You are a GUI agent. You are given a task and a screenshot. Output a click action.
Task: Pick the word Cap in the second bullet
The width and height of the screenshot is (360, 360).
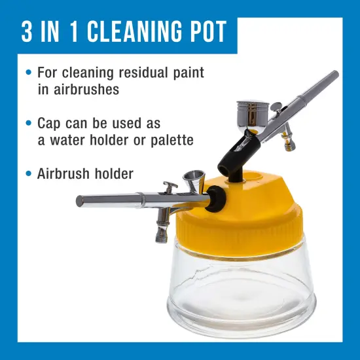point(49,123)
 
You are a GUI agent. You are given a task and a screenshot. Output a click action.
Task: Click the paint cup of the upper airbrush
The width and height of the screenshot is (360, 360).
point(251,115)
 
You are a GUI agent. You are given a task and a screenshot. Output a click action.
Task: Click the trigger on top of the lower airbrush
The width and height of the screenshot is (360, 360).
point(170,188)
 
